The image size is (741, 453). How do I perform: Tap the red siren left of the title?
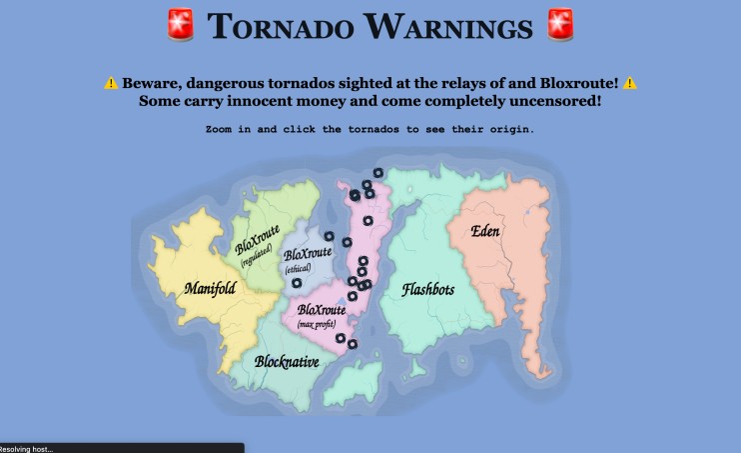point(179,25)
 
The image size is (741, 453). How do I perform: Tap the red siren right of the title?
point(561,25)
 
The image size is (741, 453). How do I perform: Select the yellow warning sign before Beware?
point(111,83)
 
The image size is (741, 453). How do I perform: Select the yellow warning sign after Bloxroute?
point(629,83)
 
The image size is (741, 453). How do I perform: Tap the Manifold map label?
point(210,289)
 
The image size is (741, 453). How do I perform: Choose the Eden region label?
point(486,232)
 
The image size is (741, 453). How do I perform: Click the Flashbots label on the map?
point(427,290)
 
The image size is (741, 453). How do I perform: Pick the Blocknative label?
point(287,362)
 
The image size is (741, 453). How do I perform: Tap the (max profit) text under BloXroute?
point(317,325)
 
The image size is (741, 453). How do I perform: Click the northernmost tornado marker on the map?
point(378,173)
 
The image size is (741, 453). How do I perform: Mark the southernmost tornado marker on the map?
point(353,344)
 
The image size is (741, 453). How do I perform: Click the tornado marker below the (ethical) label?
point(296,283)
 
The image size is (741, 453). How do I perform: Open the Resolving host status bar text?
point(28,448)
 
